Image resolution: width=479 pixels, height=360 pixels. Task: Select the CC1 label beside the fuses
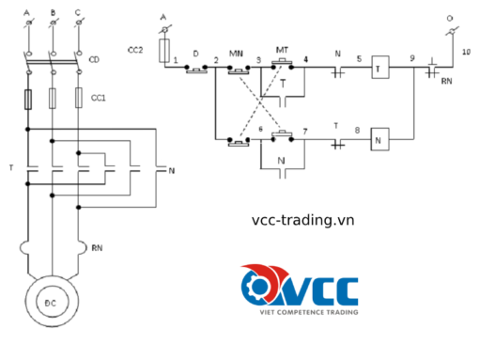(x=97, y=96)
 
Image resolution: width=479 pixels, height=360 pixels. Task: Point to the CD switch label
(x=94, y=61)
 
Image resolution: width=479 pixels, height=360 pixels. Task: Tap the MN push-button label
(x=236, y=52)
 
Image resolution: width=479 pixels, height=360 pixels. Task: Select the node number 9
(x=411, y=58)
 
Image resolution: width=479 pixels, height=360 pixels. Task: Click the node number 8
(x=357, y=129)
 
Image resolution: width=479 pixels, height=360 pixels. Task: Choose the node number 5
(x=357, y=58)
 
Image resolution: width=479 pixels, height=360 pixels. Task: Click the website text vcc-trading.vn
(x=303, y=220)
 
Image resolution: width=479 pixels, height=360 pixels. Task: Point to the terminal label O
(x=448, y=17)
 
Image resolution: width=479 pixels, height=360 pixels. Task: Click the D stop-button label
(x=194, y=55)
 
